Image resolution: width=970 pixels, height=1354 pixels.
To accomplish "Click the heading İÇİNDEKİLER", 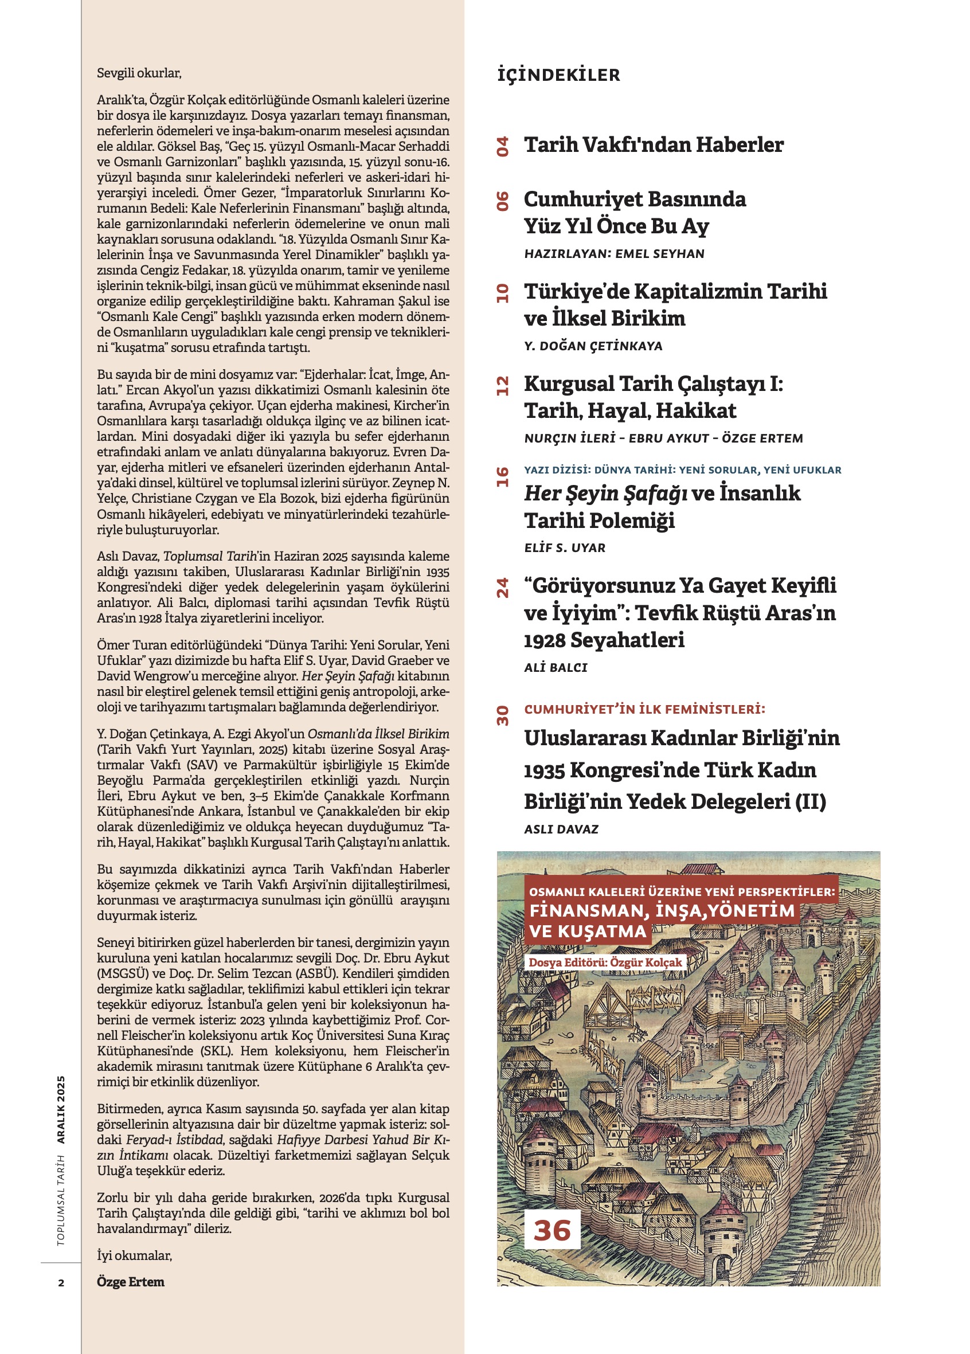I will pos(558,75).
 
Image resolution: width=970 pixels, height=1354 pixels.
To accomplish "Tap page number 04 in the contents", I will pos(503,146).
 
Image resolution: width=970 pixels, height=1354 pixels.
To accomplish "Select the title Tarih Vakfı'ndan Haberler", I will pos(654,145).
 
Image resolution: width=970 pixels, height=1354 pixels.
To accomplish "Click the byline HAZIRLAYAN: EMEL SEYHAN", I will pos(614,254).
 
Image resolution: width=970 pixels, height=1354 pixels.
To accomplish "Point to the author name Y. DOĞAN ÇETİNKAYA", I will pos(593,346).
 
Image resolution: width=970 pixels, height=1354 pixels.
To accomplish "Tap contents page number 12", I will pos(503,386).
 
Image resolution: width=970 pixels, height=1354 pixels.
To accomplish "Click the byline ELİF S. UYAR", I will pos(565,548).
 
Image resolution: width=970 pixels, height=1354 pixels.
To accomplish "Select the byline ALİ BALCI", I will pos(556,668).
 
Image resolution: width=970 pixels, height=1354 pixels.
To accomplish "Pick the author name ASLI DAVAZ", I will pos(561,829).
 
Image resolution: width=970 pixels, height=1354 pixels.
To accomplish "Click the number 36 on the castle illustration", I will pos(552,1230).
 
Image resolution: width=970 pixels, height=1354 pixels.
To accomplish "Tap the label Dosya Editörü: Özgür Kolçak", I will pos(605,962).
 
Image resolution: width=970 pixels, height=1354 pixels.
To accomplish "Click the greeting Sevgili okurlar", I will pos(139,73).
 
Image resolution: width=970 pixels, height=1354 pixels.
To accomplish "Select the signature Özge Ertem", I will pos(131,1282).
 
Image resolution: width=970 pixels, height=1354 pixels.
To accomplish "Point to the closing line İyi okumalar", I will pos(134,1255).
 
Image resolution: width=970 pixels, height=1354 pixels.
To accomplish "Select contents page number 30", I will pos(503,715).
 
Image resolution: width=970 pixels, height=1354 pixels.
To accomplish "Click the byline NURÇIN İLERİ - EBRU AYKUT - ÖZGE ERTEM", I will pos(663,439).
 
